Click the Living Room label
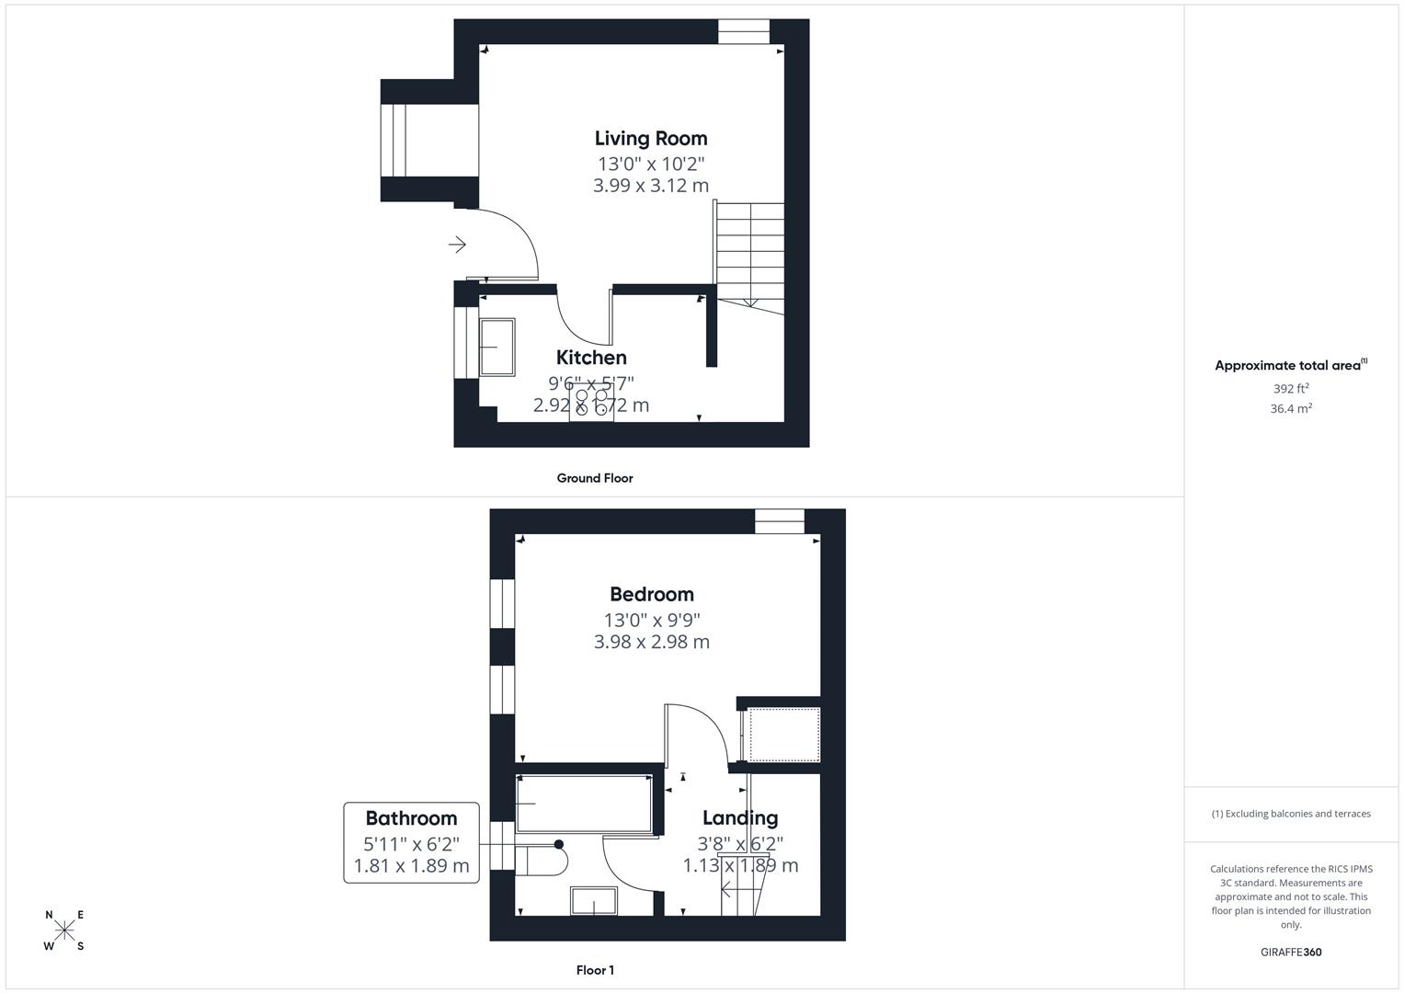[651, 139]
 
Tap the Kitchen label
[591, 358]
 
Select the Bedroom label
[651, 594]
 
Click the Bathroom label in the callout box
[411, 818]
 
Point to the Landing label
[740, 817]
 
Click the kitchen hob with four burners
[591, 403]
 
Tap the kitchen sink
[497, 347]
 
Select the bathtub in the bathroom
[585, 803]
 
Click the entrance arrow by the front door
[457, 245]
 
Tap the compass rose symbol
[64, 930]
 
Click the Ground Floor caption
[595, 478]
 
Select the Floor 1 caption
[595, 970]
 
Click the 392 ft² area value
[1291, 389]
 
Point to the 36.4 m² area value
[1291, 409]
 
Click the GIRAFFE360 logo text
[1291, 953]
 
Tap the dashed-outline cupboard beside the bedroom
[784, 735]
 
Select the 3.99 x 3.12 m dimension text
[651, 186]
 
